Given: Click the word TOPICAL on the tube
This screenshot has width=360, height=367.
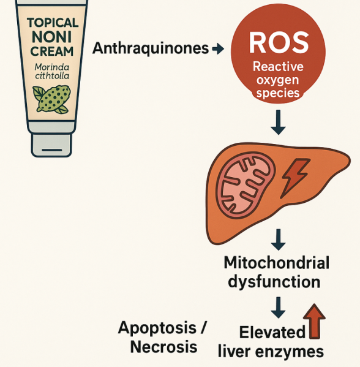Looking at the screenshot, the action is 53,23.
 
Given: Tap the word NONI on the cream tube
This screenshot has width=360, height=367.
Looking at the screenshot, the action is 51,37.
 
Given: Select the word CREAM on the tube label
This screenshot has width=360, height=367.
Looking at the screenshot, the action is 51,51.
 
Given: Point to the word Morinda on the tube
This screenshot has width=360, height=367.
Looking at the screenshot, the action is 52,67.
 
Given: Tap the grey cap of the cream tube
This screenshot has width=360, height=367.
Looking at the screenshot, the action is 51,145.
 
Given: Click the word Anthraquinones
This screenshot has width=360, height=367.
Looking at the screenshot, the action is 151,48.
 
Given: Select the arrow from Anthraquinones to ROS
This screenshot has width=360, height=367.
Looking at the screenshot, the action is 218,49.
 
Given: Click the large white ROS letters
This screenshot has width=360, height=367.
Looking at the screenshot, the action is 279,43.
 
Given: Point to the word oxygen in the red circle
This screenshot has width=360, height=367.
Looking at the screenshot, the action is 278,80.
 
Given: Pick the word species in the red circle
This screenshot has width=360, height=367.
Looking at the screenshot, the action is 278,93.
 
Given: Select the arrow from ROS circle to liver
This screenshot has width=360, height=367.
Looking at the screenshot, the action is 278,122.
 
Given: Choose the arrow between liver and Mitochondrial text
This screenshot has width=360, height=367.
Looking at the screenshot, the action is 278,240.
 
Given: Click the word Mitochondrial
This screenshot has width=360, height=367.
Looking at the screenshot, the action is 277,263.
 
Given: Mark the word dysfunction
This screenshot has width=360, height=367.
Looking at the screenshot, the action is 274,282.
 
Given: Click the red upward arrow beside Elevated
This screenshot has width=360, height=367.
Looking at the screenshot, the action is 314,321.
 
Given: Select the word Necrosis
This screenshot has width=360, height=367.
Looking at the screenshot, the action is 163,347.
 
